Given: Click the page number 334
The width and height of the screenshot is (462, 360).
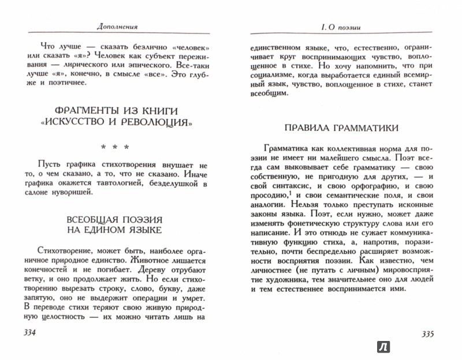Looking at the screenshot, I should [x=33, y=332].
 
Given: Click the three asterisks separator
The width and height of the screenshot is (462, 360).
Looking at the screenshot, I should [x=122, y=145].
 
